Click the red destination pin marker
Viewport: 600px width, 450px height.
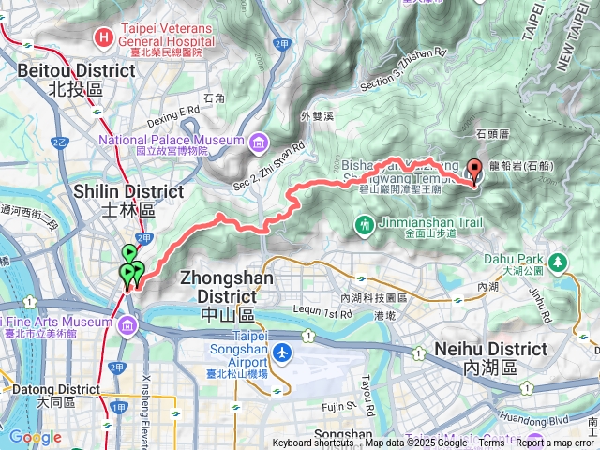tap(473, 171)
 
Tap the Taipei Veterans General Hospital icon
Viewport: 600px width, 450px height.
tap(103, 37)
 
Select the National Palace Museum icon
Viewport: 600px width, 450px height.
tap(257, 142)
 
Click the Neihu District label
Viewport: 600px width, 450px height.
tap(491, 357)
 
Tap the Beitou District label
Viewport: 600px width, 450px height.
tap(64, 79)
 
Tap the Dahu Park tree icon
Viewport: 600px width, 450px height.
tap(558, 260)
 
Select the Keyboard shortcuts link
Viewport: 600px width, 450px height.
tap(313, 443)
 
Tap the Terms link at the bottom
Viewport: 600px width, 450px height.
tap(491, 443)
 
